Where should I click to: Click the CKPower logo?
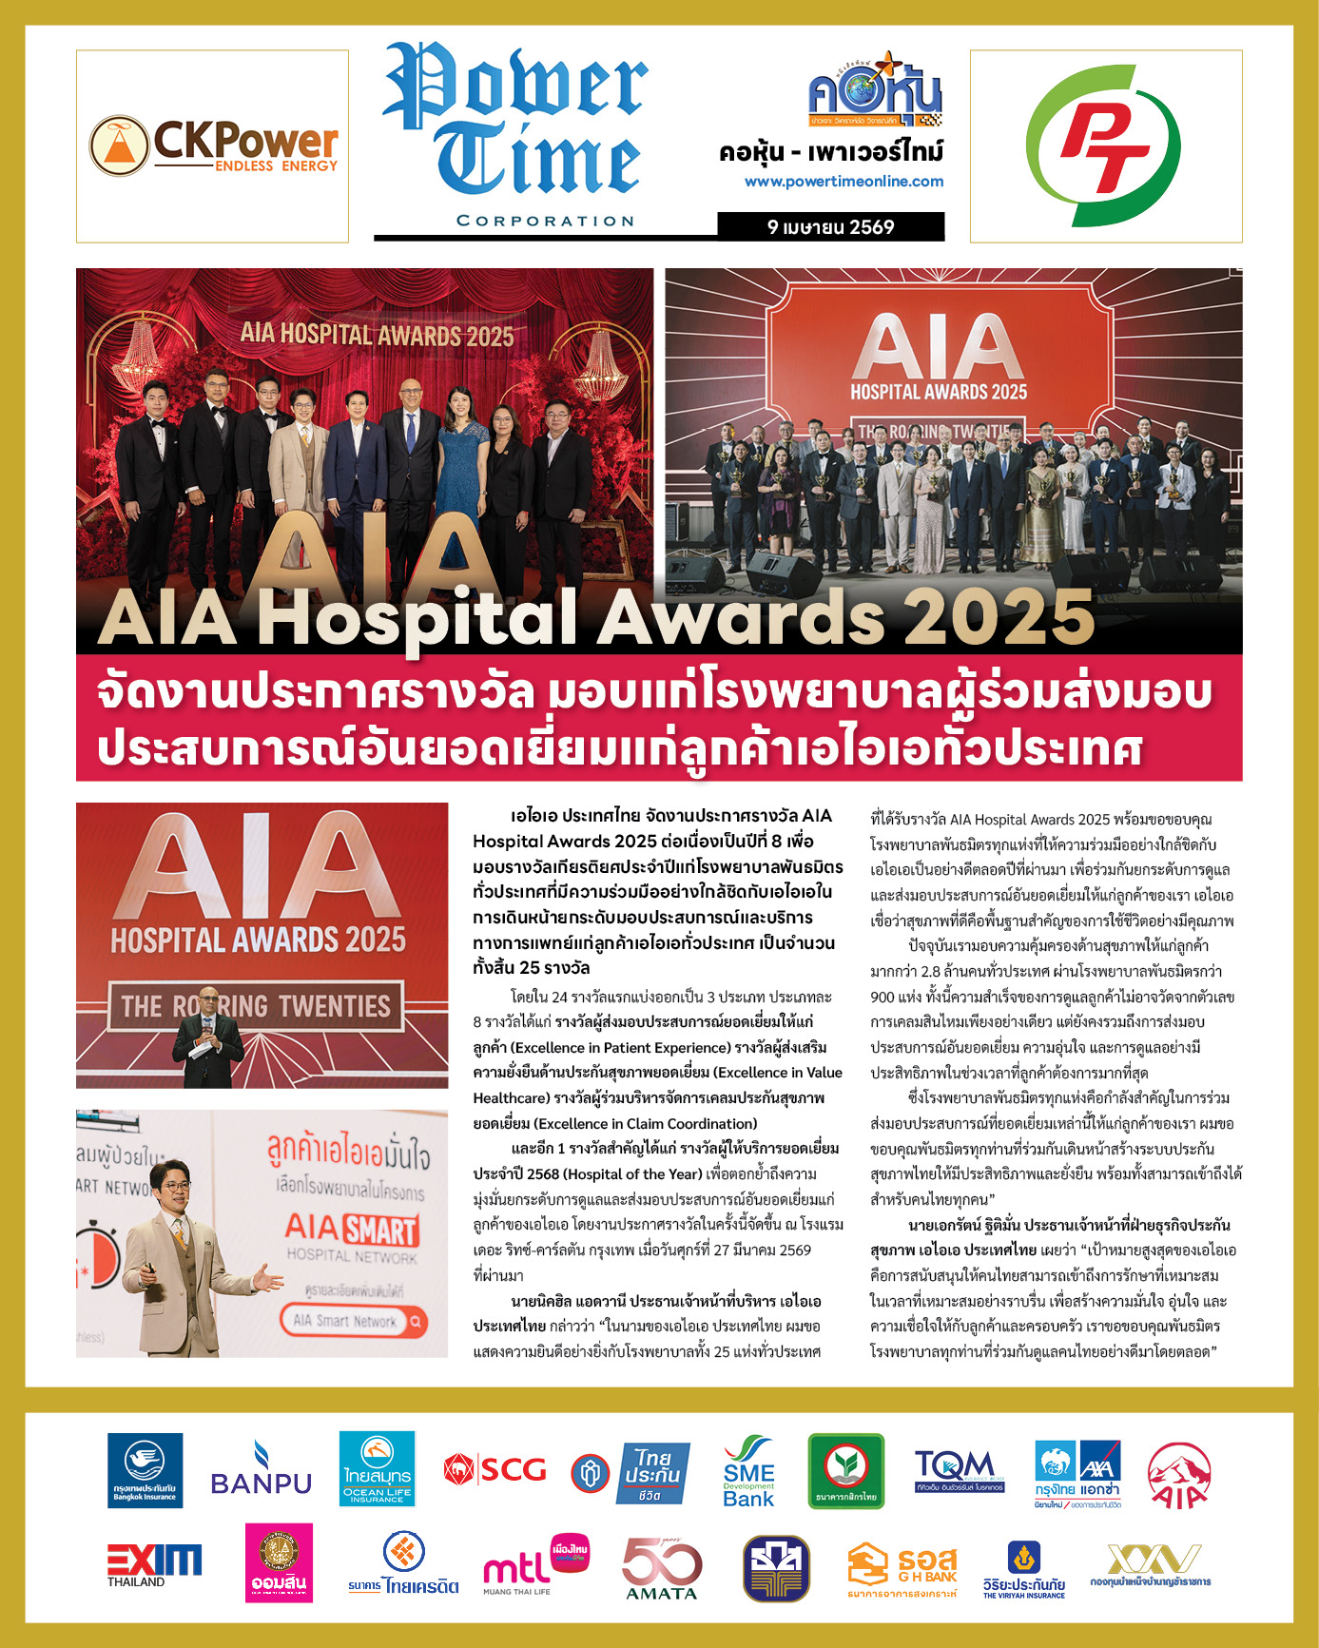click(x=213, y=146)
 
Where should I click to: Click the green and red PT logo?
click(x=1105, y=146)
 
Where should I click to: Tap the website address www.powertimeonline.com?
click(x=844, y=181)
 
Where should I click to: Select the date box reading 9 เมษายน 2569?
click(x=830, y=226)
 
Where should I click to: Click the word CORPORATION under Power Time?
click(x=545, y=221)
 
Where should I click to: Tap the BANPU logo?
click(x=261, y=1471)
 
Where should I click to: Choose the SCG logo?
click(x=495, y=1470)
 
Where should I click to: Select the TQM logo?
click(x=959, y=1470)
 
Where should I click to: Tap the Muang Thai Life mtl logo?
click(x=534, y=1565)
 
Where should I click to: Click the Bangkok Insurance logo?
click(x=145, y=1471)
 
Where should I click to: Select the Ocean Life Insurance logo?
click(x=377, y=1470)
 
